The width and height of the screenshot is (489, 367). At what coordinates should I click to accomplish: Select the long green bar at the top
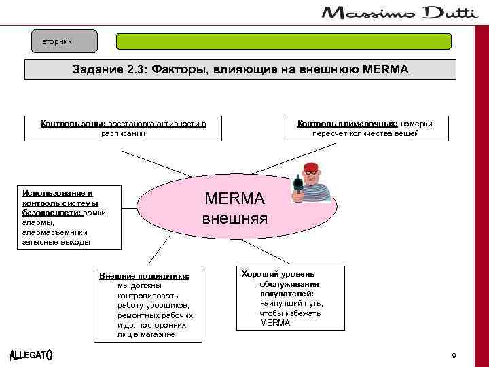[284, 41]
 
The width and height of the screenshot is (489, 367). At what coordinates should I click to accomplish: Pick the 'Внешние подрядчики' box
[145, 304]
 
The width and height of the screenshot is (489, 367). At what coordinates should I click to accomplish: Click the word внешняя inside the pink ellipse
[235, 220]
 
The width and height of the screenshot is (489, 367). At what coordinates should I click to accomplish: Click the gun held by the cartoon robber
[297, 186]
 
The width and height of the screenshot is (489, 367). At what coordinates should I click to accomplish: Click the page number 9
[454, 356]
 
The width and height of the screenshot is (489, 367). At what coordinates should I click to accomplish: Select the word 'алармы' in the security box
[36, 222]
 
